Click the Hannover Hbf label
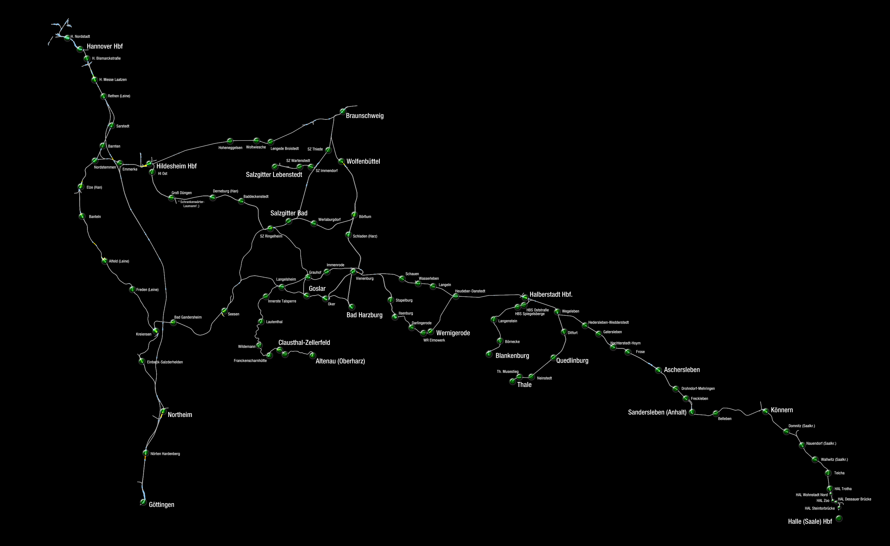pos(105,46)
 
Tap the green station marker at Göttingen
pos(143,502)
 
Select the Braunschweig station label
pos(364,116)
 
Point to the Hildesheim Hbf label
pos(176,166)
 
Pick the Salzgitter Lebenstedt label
pos(274,175)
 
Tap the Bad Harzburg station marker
pos(351,307)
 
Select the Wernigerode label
pos(453,333)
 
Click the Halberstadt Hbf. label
pos(551,295)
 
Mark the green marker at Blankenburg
pos(489,354)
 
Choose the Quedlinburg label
pos(572,361)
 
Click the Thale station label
pos(524,385)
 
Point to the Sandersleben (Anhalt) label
pos(657,412)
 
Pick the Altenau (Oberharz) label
pos(340,361)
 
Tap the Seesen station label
pos(233,314)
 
